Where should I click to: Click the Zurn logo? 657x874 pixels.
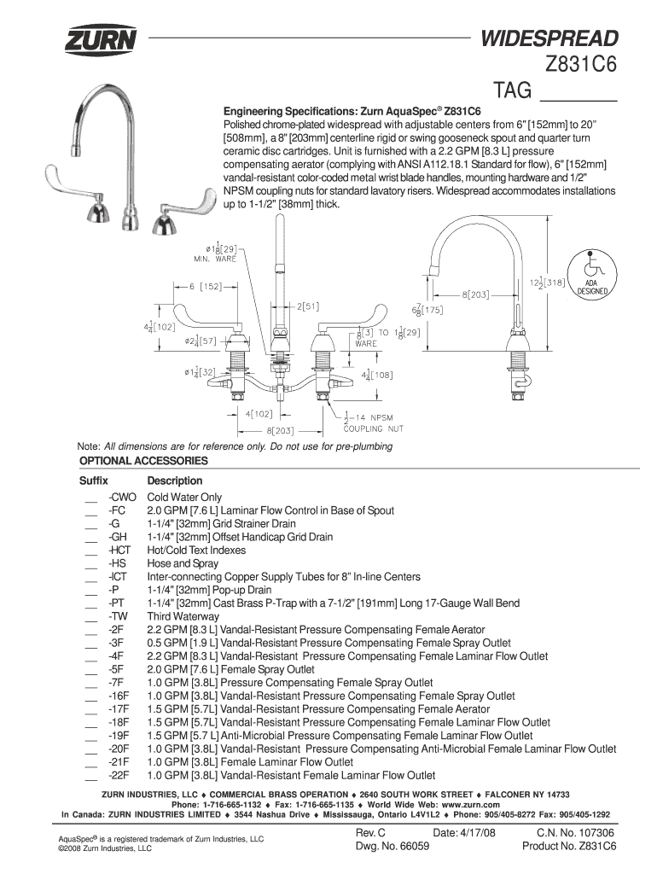[101, 40]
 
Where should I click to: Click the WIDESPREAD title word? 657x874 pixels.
[549, 38]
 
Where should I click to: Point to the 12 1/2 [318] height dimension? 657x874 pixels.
[547, 283]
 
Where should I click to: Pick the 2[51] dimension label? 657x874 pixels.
[308, 306]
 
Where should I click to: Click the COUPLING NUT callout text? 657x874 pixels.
[374, 428]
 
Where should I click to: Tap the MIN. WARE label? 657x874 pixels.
[215, 259]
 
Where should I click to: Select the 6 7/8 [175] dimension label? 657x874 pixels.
[427, 309]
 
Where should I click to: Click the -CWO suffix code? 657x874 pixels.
[122, 498]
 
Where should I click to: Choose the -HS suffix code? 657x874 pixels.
[118, 563]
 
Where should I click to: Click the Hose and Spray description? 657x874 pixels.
[183, 563]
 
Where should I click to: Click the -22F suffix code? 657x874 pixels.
[119, 775]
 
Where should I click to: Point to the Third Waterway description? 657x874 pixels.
[183, 616]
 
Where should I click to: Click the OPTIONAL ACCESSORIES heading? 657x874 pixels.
[143, 461]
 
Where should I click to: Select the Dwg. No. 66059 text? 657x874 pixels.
[392, 846]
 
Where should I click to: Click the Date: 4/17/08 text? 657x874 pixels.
[464, 833]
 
